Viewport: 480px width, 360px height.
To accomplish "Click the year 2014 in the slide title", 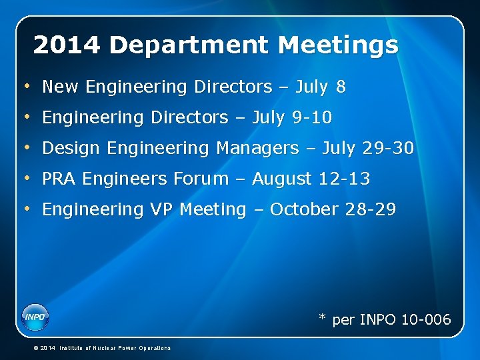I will (67, 45).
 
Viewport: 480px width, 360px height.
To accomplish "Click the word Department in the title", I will (189, 45).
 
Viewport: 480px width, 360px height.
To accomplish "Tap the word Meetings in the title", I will (339, 45).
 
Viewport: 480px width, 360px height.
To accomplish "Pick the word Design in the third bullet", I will (70, 148).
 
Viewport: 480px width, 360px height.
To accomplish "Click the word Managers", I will (257, 148).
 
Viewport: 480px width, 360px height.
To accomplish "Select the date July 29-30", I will (368, 148).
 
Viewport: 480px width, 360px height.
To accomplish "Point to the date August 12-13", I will (311, 179).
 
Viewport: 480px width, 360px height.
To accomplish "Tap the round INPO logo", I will (35, 317).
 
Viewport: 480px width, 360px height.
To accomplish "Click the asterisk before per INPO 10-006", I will (322, 318).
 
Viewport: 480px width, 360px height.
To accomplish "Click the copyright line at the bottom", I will (101, 348).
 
